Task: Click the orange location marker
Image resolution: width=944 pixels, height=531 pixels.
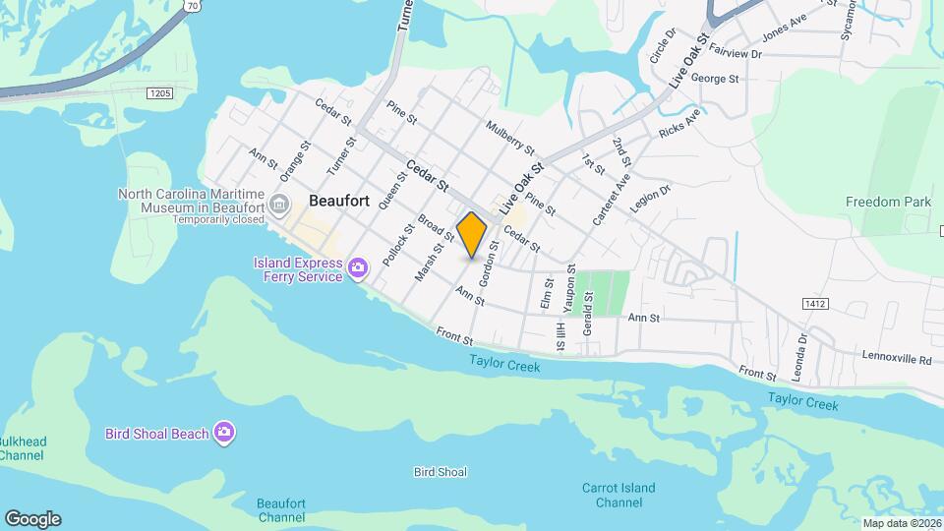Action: coord(472,234)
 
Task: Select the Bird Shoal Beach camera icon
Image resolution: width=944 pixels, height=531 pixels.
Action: coord(225,433)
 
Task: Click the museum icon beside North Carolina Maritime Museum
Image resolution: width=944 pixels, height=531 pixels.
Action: coord(279,206)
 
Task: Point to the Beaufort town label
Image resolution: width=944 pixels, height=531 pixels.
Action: coord(339,200)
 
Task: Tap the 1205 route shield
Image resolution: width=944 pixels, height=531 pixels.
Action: coord(159,92)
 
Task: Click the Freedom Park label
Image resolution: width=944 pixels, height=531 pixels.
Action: coord(887,202)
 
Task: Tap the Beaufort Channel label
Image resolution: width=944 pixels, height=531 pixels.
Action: coord(281,510)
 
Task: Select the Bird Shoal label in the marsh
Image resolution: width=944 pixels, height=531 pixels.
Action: coord(440,473)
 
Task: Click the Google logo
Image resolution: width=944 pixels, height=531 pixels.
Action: coord(32,519)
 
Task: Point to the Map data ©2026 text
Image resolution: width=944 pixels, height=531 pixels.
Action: coord(901,523)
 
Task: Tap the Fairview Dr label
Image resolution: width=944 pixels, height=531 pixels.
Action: coord(735,55)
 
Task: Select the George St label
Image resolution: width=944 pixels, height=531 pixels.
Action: coord(714,78)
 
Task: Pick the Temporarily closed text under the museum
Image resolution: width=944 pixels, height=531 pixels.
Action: coord(219,219)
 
